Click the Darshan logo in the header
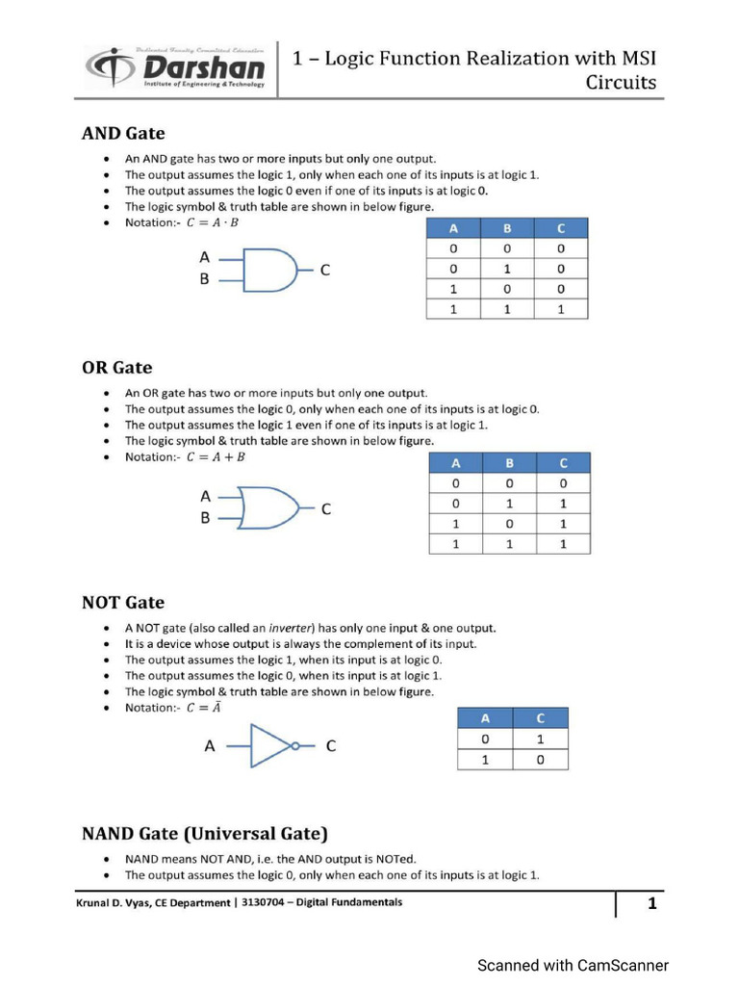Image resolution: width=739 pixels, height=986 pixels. coord(175,67)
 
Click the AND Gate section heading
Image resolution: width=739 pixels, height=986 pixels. coord(122,133)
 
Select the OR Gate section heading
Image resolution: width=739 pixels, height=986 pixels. coord(116,367)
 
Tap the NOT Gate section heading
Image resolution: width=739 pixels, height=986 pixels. coord(122,602)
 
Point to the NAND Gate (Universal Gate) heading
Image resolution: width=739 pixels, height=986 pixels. coord(204,832)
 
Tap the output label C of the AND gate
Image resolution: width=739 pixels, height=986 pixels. coord(325,271)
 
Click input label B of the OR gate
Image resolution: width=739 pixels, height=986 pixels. coord(205,518)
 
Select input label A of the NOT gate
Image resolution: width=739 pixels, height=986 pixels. coord(209,745)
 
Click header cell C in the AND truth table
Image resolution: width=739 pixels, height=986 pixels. coord(560,228)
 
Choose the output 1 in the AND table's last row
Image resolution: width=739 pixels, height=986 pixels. coord(560,309)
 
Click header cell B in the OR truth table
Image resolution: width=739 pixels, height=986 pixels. coord(510,463)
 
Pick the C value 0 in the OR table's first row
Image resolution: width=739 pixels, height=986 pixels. coord(563,483)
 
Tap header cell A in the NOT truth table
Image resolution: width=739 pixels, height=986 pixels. coord(485,717)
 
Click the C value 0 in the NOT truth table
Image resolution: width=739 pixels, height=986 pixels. coord(540,759)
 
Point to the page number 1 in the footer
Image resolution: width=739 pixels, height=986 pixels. coord(651,903)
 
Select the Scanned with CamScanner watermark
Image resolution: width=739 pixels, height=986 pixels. coord(573,965)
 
